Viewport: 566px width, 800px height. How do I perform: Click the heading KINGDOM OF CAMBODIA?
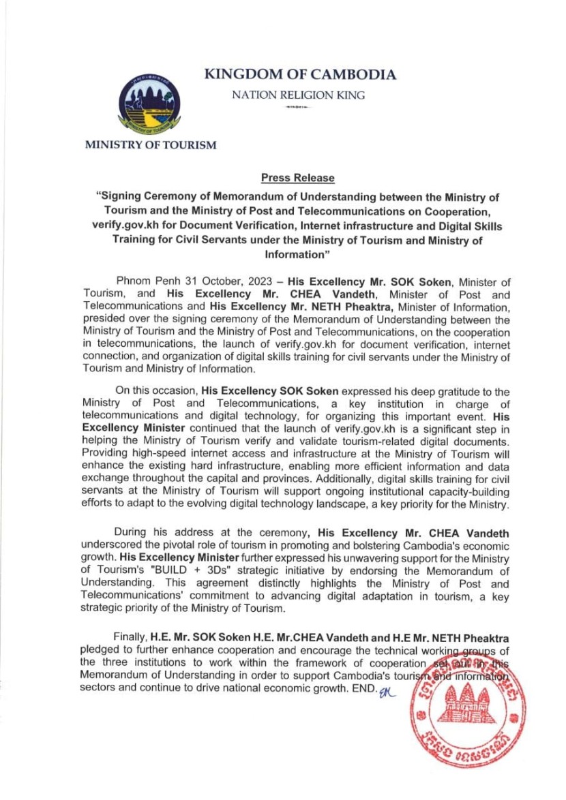pyautogui.click(x=300, y=75)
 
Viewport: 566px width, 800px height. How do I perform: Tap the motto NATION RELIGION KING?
pyautogui.click(x=298, y=95)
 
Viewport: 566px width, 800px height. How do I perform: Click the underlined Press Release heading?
pyautogui.click(x=298, y=179)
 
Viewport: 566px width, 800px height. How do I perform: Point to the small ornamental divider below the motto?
pyautogui.click(x=298, y=108)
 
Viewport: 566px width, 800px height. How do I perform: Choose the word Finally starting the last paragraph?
pyautogui.click(x=130, y=636)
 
